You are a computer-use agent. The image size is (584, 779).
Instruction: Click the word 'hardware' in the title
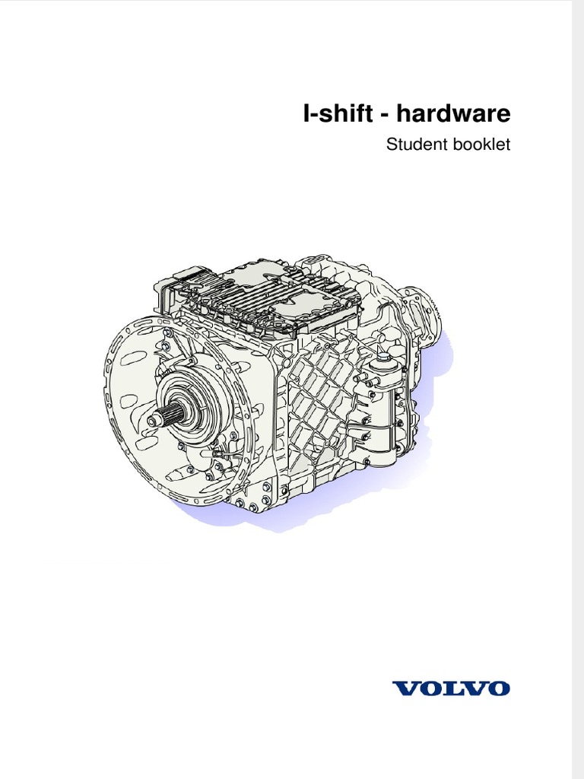(x=453, y=115)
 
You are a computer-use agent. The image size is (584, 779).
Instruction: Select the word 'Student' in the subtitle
(x=414, y=144)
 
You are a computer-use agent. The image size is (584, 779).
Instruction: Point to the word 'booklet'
(x=482, y=144)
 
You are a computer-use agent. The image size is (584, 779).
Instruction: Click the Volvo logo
(x=451, y=688)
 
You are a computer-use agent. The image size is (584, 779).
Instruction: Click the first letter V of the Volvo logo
(x=403, y=688)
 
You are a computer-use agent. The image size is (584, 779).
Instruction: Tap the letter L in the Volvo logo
(x=450, y=688)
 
